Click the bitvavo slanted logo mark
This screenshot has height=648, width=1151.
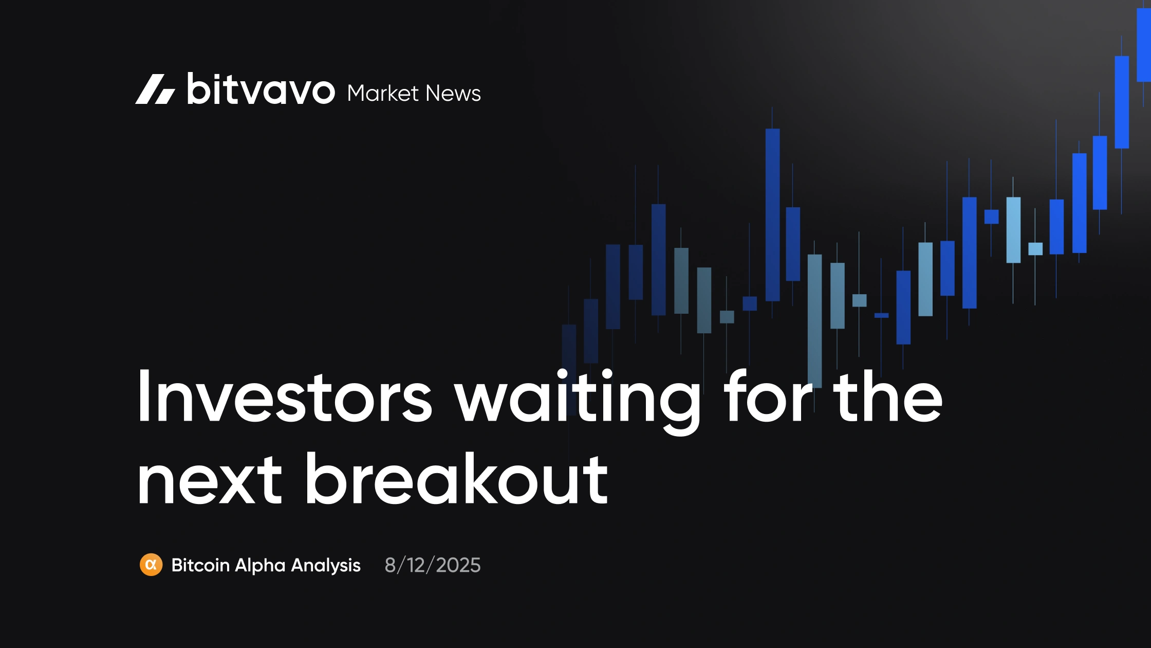pos(155,89)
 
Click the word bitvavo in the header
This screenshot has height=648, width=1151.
pos(261,89)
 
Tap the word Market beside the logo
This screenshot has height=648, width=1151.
pos(383,94)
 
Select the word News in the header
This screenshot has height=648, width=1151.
pos(453,94)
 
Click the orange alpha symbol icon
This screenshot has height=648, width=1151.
pos(151,565)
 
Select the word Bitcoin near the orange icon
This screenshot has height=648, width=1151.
pos(200,565)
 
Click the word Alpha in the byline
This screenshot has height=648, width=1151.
pos(260,566)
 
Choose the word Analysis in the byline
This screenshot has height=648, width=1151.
pos(326,566)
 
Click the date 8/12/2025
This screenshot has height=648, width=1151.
pos(433,565)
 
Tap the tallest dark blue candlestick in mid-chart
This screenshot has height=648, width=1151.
pos(772,214)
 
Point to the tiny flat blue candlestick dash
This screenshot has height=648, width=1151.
pos(881,315)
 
